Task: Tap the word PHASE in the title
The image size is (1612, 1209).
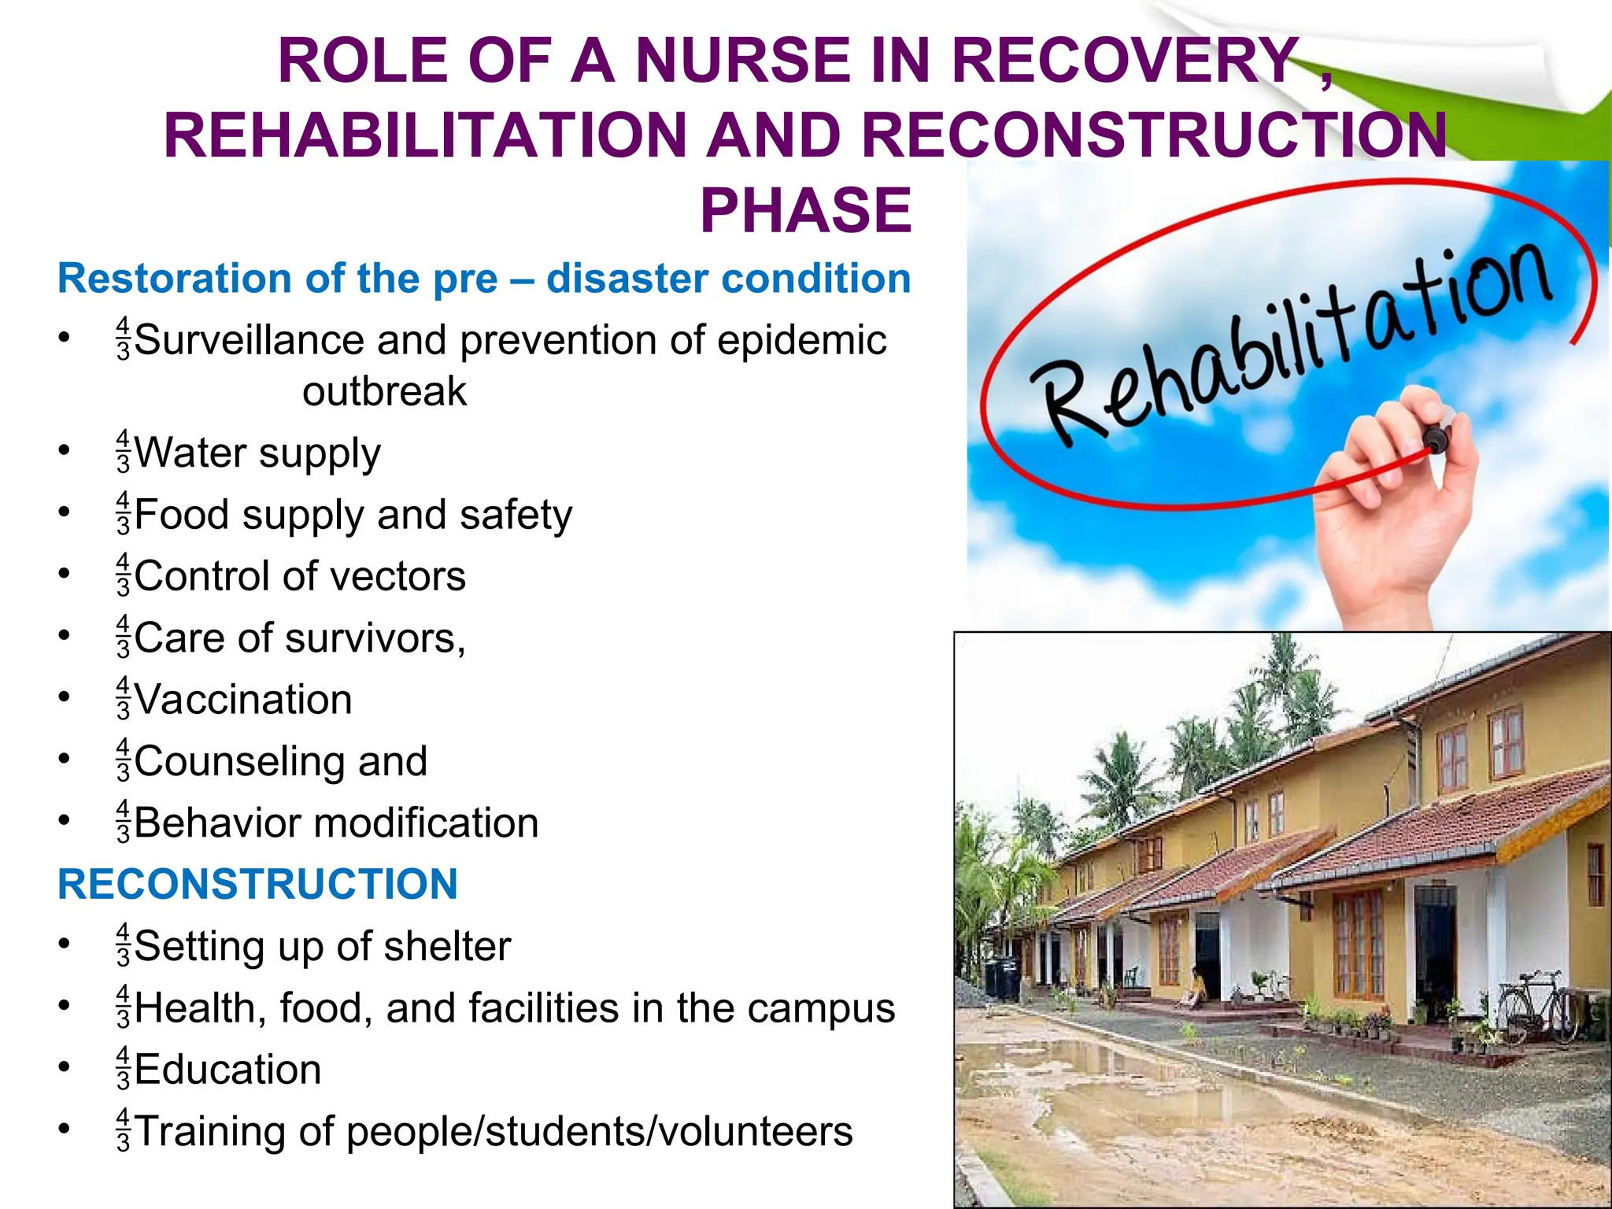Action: point(805,211)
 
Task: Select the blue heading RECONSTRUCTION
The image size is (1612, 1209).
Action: point(257,884)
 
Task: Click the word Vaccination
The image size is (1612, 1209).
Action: point(243,700)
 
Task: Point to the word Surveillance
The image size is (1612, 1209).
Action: point(250,340)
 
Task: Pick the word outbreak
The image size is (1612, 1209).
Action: point(384,392)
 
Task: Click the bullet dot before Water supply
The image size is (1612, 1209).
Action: point(64,451)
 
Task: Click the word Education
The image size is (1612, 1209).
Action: point(227,1070)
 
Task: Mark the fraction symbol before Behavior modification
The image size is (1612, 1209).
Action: point(123,823)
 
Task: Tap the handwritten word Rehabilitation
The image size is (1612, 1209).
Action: point(1291,346)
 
